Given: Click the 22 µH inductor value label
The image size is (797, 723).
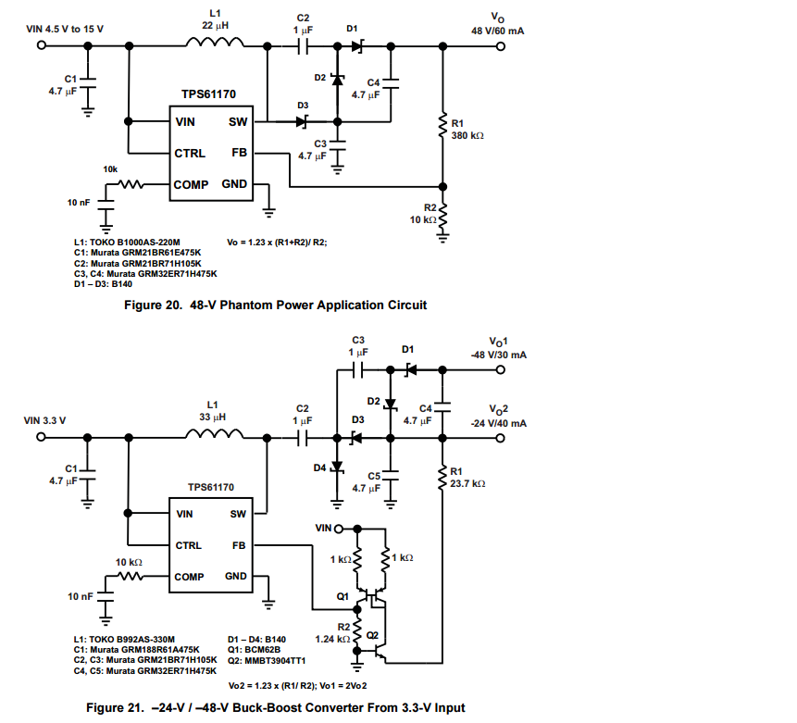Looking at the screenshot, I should pyautogui.click(x=215, y=25).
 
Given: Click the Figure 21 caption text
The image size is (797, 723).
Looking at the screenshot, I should pyautogui.click(x=275, y=708).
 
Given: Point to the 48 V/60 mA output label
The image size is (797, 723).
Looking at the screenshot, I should pyautogui.click(x=498, y=31).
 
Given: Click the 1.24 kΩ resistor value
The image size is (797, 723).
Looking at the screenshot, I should pyautogui.click(x=330, y=639).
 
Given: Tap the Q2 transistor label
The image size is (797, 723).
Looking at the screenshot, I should pyautogui.click(x=372, y=635).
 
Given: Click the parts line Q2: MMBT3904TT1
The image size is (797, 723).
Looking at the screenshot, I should pyautogui.click(x=267, y=661).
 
